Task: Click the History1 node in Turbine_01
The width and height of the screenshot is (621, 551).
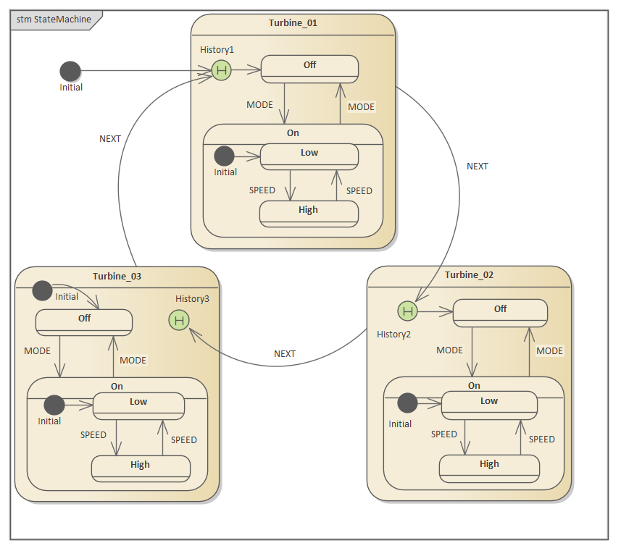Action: [222, 70]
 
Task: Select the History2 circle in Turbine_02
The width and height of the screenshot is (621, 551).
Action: [408, 311]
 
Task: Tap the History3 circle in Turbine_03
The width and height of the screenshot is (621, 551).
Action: [178, 319]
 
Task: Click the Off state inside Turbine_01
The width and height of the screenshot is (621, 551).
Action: [309, 68]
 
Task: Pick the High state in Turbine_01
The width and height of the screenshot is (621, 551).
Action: [309, 212]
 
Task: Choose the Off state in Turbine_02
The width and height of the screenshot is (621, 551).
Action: [500, 312]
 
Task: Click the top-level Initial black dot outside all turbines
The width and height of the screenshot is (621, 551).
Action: [70, 71]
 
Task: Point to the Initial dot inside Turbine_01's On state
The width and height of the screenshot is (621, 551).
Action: [225, 156]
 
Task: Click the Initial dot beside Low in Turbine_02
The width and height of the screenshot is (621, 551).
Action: [408, 403]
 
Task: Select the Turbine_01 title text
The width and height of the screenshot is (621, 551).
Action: [293, 23]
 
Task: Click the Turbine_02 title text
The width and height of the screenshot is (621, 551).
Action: [469, 275]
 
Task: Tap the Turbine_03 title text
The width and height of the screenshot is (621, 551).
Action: [117, 277]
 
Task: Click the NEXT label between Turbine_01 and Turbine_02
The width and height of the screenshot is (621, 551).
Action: [478, 167]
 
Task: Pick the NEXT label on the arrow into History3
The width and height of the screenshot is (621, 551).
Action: [285, 354]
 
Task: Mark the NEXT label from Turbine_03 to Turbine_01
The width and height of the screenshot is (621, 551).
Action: [110, 139]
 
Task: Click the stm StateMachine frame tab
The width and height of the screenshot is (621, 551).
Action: [55, 20]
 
